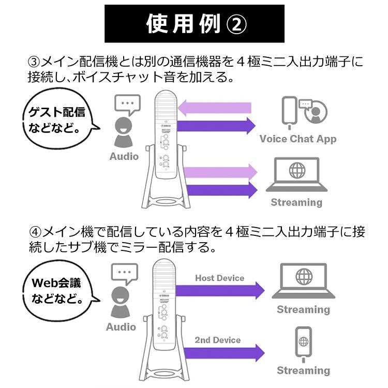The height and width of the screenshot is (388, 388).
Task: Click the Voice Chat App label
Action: pos(297,139)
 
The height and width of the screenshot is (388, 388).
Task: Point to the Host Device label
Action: pos(219,278)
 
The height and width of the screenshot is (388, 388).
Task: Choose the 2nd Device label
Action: pos(217,340)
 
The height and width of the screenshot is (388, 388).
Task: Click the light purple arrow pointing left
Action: pos(214,108)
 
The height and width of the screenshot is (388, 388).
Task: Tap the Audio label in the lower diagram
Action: pos(121,327)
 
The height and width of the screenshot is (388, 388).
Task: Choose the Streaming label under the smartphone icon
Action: pos(303,370)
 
